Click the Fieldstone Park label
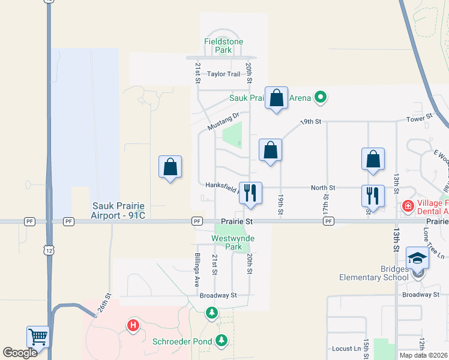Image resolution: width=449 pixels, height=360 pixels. (x=216, y=46)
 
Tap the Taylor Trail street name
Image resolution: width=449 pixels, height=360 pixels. (x=223, y=74)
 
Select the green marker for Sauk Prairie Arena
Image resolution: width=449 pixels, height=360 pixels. (x=321, y=97)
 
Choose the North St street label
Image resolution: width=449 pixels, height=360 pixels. (x=322, y=188)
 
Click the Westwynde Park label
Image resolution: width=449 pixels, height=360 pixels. (x=234, y=242)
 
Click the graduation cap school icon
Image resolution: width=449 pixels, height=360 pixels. (x=417, y=258)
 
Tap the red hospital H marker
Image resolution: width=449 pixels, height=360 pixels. (x=133, y=326)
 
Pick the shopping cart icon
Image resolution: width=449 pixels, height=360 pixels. (x=38, y=337)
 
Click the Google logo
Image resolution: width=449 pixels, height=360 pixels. (x=20, y=353)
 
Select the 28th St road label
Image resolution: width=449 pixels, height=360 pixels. (x=103, y=304)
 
